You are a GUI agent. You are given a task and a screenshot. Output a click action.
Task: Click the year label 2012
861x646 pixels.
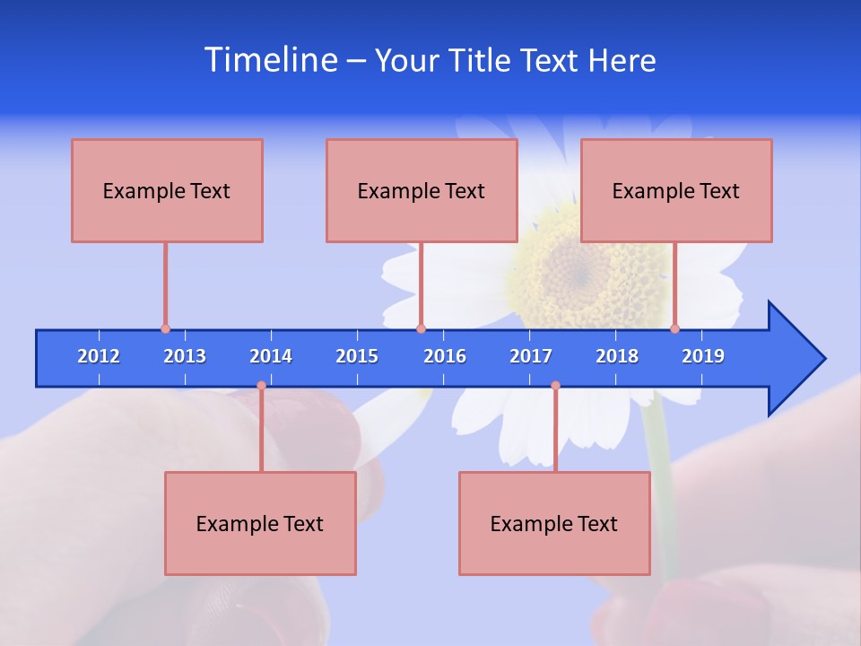[x=99, y=356]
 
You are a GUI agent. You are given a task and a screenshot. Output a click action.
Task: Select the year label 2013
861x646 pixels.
[x=185, y=356]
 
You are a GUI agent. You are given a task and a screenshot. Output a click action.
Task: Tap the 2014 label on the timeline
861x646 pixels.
[x=271, y=356]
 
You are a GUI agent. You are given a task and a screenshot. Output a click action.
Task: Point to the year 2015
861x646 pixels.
[x=357, y=356]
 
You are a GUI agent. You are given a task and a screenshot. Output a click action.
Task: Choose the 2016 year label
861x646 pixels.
[x=445, y=356]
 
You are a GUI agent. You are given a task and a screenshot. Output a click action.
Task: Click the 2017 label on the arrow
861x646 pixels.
[x=531, y=356]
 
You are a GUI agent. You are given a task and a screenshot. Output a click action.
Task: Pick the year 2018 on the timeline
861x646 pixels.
[x=617, y=356]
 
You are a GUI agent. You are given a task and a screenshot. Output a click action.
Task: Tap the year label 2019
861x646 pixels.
[x=703, y=356]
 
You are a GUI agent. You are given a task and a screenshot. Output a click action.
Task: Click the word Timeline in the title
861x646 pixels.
[x=270, y=60]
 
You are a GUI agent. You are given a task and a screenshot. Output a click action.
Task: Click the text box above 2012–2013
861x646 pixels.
[x=167, y=190]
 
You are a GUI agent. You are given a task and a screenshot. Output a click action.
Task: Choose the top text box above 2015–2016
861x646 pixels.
[x=422, y=190]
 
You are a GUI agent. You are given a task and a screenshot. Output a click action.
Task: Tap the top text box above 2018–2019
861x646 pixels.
[x=676, y=190]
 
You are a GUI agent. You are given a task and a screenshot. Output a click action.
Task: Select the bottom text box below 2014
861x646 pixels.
[x=260, y=523]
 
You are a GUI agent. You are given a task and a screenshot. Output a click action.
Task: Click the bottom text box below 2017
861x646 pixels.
[x=554, y=523]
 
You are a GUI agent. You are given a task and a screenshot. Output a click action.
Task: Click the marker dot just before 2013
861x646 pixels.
[x=165, y=329]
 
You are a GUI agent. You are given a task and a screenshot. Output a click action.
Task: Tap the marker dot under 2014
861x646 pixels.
[x=261, y=385]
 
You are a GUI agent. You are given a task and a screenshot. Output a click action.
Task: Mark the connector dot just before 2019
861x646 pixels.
[x=675, y=329]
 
